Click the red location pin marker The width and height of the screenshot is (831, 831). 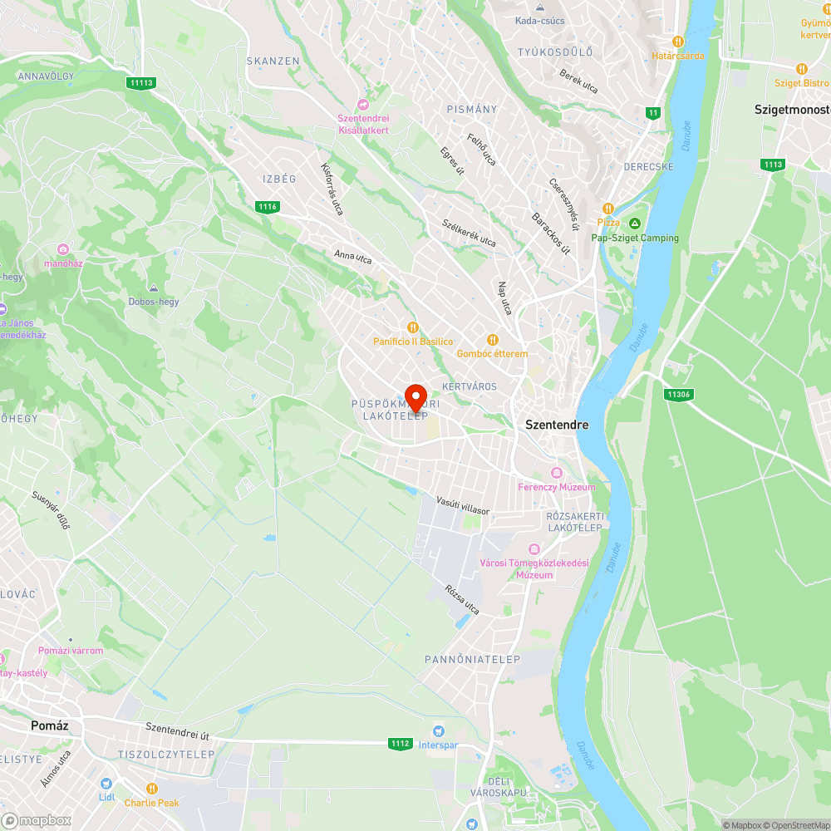pos(415,396)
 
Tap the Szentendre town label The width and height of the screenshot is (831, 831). pos(557,425)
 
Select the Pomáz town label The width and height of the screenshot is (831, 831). pos(49,725)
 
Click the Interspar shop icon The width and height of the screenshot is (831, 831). pos(437,730)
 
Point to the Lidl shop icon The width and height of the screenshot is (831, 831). pos(106,784)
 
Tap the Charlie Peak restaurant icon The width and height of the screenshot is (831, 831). pos(152,789)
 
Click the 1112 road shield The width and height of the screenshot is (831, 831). pos(400,743)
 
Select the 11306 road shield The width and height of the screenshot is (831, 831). pos(679,394)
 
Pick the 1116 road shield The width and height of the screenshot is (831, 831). pos(268,206)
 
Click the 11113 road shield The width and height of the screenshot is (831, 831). pos(141,82)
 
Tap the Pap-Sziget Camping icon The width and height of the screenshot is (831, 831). pos(635,224)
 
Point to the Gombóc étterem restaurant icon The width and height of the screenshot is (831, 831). pos(492,339)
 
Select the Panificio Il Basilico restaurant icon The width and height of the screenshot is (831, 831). pos(412,327)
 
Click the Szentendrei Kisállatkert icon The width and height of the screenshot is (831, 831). pos(362,104)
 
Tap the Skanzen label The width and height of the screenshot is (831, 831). pos(273,61)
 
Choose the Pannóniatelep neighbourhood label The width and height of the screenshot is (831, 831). pos(472,659)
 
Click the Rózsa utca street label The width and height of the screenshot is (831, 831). pos(462,600)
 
